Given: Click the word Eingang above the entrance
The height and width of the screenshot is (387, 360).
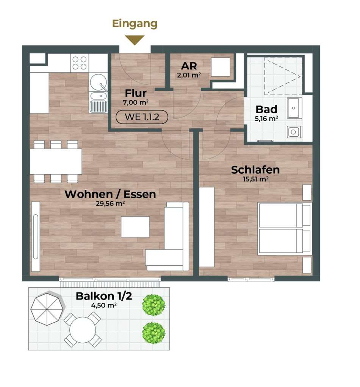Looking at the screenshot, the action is tap(135, 24).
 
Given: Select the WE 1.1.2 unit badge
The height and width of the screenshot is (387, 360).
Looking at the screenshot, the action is tap(142, 117).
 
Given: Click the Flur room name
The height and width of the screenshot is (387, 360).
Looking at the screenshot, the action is tap(136, 93).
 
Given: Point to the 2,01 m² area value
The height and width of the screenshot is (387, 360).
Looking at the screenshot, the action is tap(189, 75).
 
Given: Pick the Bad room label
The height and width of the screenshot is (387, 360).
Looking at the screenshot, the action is tap(266, 109).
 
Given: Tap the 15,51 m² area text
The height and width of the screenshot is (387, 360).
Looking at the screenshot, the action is tap(256, 179).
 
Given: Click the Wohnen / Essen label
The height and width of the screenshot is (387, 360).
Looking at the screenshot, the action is tap(110, 194).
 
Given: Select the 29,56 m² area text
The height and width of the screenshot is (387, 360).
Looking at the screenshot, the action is tap(110, 204).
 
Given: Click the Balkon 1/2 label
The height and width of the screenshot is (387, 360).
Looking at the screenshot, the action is tap(104, 296).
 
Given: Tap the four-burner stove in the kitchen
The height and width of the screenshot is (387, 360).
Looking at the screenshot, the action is tap(80, 63).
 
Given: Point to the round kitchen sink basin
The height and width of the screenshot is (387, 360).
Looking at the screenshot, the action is tap(98, 82).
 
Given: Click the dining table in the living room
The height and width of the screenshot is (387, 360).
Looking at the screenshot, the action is tap(56, 162).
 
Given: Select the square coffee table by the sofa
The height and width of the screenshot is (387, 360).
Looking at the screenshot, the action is tap(135, 227).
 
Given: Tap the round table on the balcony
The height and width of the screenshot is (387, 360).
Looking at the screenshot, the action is tap(83, 330).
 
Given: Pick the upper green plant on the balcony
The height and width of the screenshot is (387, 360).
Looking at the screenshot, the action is tap(153, 305).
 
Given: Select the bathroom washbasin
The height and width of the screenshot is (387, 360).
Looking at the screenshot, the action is tap(294, 108).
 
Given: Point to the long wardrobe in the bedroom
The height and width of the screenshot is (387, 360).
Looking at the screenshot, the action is tap(207, 227).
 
